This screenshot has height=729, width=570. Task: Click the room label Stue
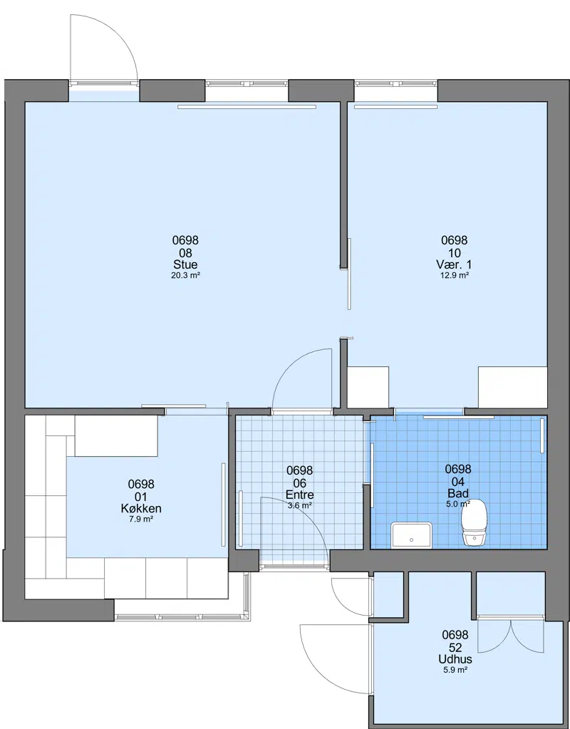coord(185,264)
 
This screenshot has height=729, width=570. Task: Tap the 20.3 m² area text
coord(185,275)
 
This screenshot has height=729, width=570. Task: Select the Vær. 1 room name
coord(455,264)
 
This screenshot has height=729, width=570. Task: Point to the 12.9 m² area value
coord(455,275)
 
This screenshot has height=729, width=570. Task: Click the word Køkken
coord(141,508)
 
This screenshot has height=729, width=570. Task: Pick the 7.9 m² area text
coord(141,519)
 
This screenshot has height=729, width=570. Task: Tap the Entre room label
coord(300,495)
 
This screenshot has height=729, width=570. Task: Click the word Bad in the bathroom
coord(458,493)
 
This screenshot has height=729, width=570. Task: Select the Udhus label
coord(455,658)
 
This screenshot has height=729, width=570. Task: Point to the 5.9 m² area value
coord(455,670)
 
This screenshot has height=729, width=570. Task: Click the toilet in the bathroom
coord(475,522)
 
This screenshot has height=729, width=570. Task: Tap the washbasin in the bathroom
coord(411,534)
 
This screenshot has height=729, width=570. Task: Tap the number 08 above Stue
coord(185,253)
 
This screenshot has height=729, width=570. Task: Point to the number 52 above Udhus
coord(455,647)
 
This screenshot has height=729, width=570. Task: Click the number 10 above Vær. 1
coord(455,253)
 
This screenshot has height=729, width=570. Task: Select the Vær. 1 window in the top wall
coord(395,83)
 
